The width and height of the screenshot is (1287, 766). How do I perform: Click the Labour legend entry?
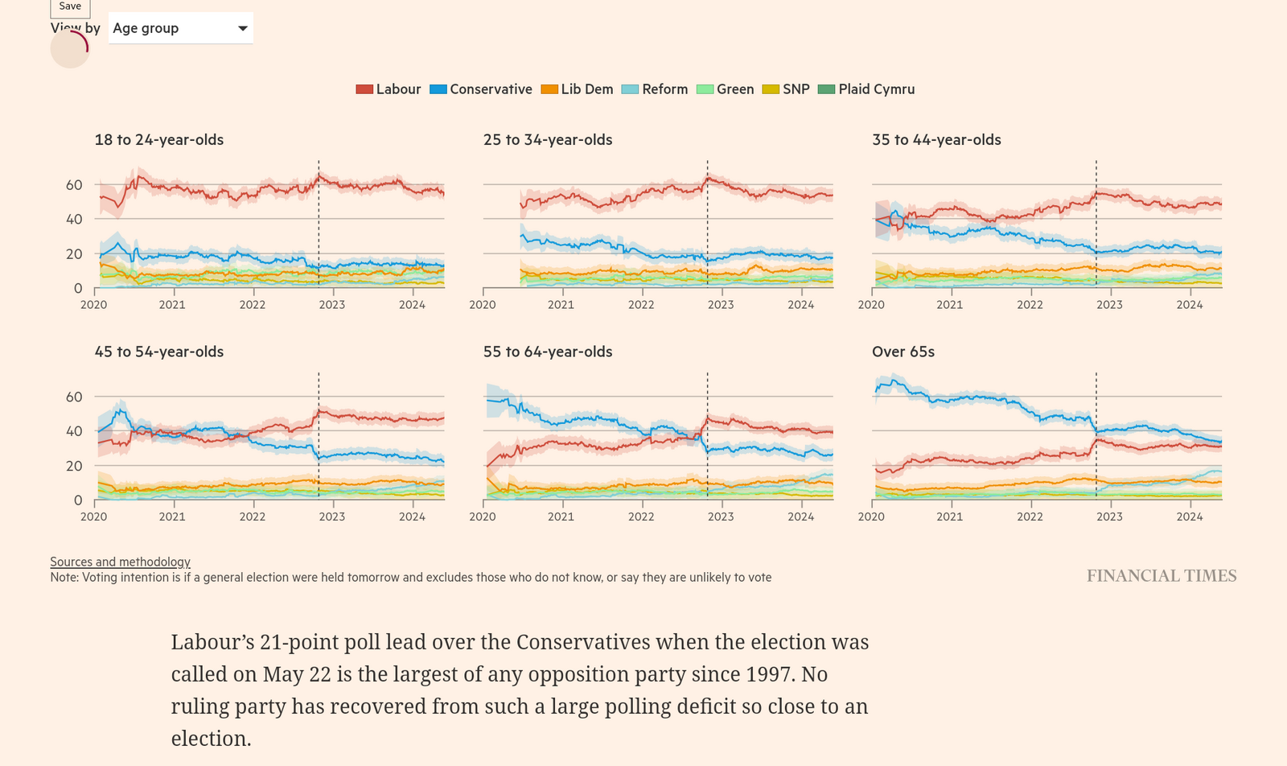pos(389,89)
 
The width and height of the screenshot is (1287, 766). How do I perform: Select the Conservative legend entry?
pos(481,89)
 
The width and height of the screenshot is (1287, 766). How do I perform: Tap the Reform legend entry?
pos(655,89)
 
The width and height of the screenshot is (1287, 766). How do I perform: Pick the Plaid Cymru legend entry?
pos(866,89)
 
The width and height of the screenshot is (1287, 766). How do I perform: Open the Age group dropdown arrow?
pos(242,28)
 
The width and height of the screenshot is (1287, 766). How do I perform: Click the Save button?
pos(70,6)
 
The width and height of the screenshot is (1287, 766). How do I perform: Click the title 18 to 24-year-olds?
pos(159,140)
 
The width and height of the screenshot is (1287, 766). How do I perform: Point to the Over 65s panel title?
pos(903,352)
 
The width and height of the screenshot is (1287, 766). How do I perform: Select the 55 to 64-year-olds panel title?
pos(548,352)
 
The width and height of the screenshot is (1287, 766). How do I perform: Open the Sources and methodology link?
pos(120,562)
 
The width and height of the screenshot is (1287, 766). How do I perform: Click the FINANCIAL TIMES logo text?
pos(1162,576)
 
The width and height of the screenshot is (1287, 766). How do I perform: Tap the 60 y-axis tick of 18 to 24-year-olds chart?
pos(74,185)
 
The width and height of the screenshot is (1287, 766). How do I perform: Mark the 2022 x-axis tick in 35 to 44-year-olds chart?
pos(1030,305)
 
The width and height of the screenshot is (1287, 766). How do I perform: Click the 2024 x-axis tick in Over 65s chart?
pos(1190,517)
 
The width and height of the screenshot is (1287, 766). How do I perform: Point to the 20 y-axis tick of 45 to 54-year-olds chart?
pos(74,466)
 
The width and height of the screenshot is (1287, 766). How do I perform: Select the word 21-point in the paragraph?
pos(298,642)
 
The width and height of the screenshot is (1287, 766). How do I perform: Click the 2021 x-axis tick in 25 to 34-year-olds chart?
pos(561,305)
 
